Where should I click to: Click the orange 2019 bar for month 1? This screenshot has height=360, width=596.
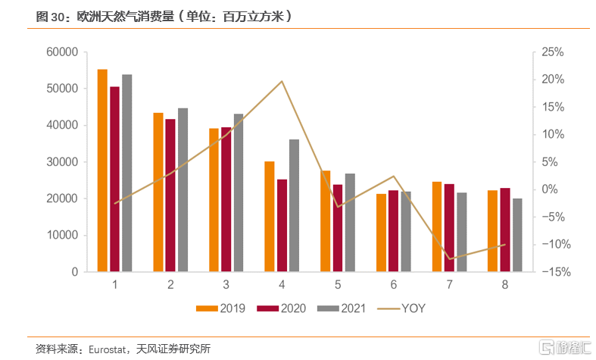[102, 171]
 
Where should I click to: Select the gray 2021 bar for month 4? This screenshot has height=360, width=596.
[294, 205]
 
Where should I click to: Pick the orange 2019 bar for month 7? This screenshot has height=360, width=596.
[437, 227]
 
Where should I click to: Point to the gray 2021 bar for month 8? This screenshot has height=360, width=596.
[517, 235]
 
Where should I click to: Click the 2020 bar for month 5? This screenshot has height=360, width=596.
[338, 228]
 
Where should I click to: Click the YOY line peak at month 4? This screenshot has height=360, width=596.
[282, 81]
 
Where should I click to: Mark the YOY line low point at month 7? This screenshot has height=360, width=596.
[450, 259]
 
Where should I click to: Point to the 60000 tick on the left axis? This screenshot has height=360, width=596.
[63, 52]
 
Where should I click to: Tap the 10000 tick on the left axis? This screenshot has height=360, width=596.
[63, 235]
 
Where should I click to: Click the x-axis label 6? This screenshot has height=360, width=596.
[394, 285]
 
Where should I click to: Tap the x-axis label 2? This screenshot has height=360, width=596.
[170, 285]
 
